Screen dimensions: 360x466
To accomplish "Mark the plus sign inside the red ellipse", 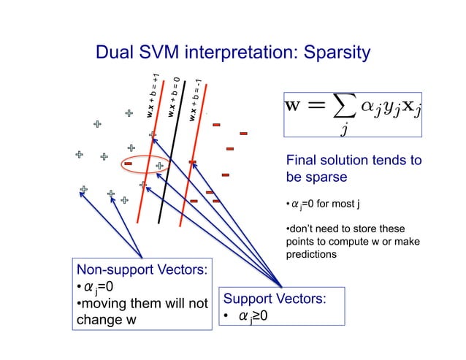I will click(x=158, y=166).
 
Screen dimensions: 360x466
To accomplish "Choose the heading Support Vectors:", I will click(x=275, y=299).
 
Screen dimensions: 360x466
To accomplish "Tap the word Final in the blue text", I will click(x=301, y=161).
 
